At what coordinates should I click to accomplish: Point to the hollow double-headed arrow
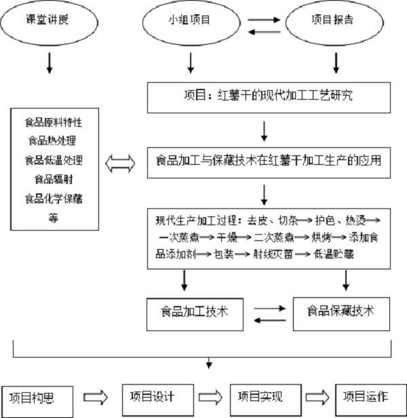tap(128, 162)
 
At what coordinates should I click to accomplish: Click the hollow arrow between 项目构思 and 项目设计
tap(94, 398)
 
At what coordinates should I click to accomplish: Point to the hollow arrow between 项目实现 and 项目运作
tap(316, 398)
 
